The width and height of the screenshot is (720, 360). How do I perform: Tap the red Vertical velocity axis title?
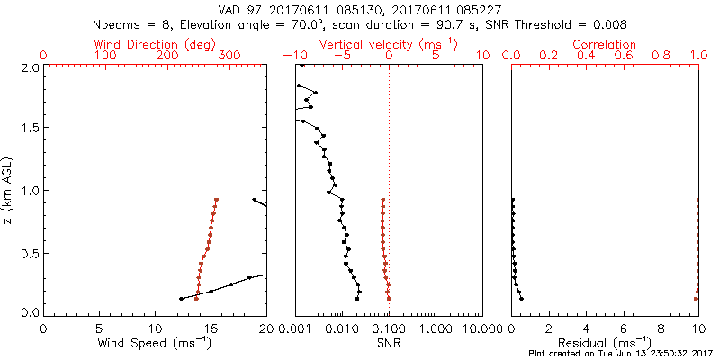tap(389, 44)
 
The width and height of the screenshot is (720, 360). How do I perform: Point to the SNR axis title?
tap(389, 343)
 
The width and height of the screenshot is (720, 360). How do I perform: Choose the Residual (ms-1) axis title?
tap(606, 343)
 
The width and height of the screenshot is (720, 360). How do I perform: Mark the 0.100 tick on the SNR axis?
tap(389, 327)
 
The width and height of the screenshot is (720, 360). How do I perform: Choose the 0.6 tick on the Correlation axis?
tap(624, 56)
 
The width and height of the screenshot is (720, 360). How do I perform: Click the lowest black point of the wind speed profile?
tap(182, 299)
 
